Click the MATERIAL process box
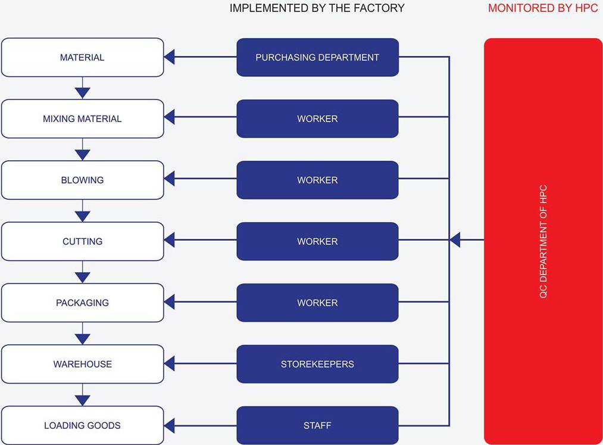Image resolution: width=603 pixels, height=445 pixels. click(82, 57)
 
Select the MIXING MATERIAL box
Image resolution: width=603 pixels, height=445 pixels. click(82, 119)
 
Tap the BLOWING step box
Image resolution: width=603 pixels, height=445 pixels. click(82, 180)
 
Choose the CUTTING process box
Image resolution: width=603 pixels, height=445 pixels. click(82, 241)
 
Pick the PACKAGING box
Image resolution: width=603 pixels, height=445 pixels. click(82, 303)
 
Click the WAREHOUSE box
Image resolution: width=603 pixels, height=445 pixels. click(82, 364)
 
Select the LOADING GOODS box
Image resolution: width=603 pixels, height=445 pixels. click(82, 425)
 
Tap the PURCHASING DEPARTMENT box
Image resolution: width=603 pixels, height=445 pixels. click(317, 57)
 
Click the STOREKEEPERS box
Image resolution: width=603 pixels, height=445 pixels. click(317, 364)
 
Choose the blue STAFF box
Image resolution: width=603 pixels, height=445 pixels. click(317, 425)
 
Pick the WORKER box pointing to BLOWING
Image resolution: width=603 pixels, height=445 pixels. click(317, 180)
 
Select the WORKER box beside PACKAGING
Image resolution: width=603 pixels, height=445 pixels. click(317, 303)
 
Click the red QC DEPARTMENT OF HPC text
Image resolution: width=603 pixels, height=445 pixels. click(543, 241)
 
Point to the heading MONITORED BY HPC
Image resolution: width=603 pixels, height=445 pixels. click(542, 8)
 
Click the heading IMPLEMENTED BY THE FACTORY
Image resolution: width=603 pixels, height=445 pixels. click(317, 8)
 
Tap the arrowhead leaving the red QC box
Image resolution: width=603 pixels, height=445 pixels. click(455, 240)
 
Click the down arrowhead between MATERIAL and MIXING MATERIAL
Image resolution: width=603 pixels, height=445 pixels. click(82, 92)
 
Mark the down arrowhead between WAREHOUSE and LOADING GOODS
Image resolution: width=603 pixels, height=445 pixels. click(82, 399)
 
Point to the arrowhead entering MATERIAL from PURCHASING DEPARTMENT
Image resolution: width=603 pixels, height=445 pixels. click(170, 57)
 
